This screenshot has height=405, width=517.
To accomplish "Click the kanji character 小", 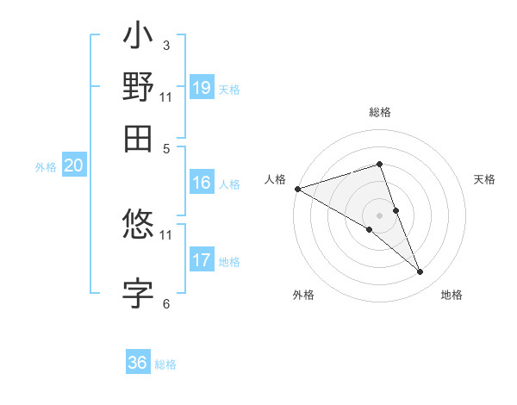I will coord(138,38).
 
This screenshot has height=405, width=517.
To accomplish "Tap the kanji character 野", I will coord(138,88).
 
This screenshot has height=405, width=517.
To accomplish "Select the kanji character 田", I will coord(138,138).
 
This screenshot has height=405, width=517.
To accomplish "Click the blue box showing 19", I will coord(202,88).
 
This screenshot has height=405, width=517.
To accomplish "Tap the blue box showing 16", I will coord(202,183).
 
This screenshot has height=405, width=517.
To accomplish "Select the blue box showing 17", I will coord(202,259).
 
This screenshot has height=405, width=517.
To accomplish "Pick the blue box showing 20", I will coord(74,166).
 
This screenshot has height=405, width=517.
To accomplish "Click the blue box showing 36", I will coord(138,363).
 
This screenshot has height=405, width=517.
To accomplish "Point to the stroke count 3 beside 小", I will coord(165,45).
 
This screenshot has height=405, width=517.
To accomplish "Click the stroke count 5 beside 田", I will coord(165,147).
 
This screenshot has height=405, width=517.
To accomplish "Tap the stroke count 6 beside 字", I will coord(165,303).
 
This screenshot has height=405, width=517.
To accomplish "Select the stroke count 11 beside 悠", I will coord(165,234).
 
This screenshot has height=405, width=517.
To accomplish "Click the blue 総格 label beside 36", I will coord(165,364).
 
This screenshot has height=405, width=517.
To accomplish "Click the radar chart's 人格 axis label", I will coord(276,179).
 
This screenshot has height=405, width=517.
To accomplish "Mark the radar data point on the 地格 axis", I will coord(420,272).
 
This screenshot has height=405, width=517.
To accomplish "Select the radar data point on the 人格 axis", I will coord(297,189).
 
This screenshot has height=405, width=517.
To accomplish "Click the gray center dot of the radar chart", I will coord(379,215).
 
